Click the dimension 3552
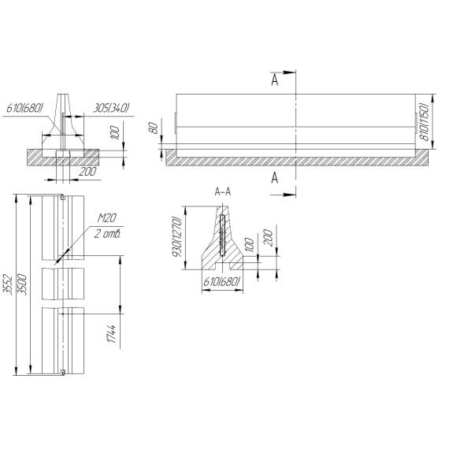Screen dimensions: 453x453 pyautogui.click(x=8, y=284)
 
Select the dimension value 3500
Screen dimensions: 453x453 pyautogui.click(x=22, y=284)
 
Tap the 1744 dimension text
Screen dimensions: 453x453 pyautogui.click(x=112, y=334)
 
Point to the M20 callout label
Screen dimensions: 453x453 pyautogui.click(x=106, y=218)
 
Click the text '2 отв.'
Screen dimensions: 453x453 pyautogui.click(x=107, y=234)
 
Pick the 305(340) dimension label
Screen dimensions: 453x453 pyautogui.click(x=111, y=109)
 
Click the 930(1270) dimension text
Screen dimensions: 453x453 pyautogui.click(x=176, y=236)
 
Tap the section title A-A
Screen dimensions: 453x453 pyautogui.click(x=223, y=191)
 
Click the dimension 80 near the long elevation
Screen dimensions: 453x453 pyautogui.click(x=154, y=128)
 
